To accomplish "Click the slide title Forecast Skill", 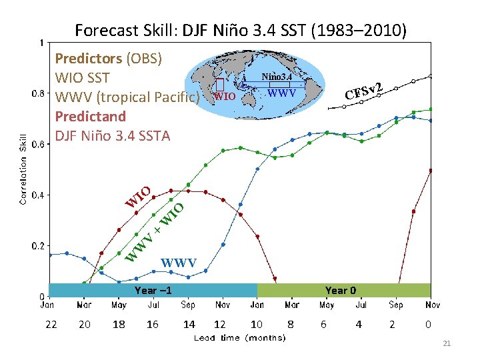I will tap(240, 30).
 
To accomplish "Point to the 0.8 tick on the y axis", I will tap(39, 93).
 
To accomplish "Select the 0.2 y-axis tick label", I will tap(39, 246).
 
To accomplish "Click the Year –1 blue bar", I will tap(153, 290).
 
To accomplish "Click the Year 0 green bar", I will tap(344, 290).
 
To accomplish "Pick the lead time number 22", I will tap(51, 324).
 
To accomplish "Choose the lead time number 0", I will tap(428, 324).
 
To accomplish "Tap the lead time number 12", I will tap(220, 324).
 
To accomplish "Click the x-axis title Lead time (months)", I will tap(239, 338).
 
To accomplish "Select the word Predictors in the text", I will tap(88, 58).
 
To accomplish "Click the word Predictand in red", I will tap(91, 116).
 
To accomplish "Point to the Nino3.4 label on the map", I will tap(277, 77).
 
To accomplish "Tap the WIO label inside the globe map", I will tap(225, 96).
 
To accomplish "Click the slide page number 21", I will tap(447, 343).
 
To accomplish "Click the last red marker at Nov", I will tap(431, 171).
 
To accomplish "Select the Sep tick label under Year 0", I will tap(395, 305).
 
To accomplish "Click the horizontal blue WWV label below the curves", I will tap(179, 261).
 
